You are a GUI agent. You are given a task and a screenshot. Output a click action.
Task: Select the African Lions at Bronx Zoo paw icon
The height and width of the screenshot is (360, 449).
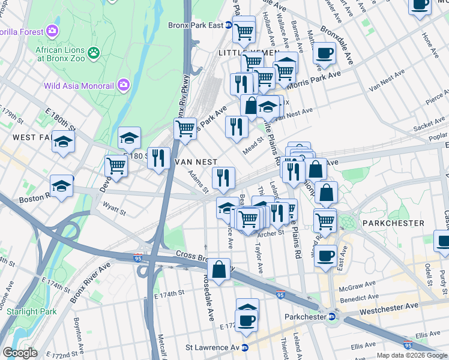pyautogui.click(x=94, y=53)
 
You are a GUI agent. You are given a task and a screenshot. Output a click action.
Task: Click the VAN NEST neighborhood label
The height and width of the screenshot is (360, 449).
pyautogui.click(x=195, y=162)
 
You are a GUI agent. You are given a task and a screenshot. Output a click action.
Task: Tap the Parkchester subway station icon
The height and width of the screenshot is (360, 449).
pyautogui.click(x=331, y=317)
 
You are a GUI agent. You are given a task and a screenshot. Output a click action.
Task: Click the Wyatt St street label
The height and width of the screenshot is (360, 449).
pyautogui.click(x=113, y=211)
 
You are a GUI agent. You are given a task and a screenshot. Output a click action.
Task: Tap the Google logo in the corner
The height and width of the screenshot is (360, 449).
pyautogui.click(x=20, y=353)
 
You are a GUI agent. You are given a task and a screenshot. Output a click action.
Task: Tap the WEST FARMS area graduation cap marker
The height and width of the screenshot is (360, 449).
pyautogui.click(x=62, y=142)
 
